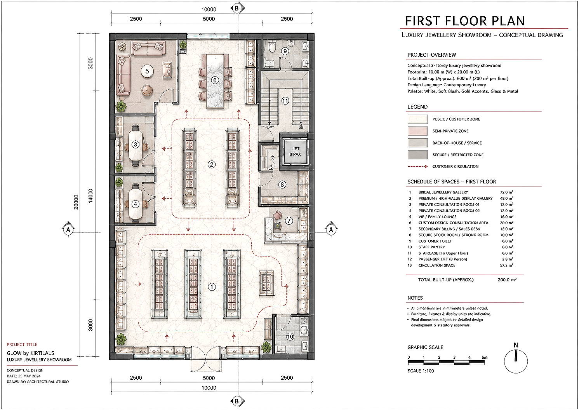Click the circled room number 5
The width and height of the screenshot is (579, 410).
click(x=147, y=71)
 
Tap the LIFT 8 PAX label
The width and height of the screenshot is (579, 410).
click(x=295, y=152)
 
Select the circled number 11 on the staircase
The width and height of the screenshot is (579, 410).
click(x=285, y=101)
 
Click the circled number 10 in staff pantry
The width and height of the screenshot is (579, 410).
click(x=290, y=337)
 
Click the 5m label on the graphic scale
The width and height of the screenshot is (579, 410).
click(x=484, y=357)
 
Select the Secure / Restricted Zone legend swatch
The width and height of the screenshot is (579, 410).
click(x=417, y=155)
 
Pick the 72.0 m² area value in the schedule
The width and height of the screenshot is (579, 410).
click(x=506, y=192)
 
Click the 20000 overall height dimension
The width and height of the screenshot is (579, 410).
click(x=76, y=202)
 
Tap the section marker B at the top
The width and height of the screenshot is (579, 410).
click(x=236, y=8)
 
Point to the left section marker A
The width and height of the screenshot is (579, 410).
click(x=68, y=229)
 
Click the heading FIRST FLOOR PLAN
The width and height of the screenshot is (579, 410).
click(x=465, y=21)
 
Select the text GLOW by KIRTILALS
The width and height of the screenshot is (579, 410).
click(x=31, y=353)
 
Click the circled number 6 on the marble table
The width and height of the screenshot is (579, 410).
click(x=215, y=80)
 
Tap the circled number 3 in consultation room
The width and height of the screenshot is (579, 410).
click(x=136, y=144)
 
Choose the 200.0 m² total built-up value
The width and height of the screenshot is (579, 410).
click(x=507, y=280)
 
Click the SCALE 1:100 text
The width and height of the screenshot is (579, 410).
click(x=421, y=371)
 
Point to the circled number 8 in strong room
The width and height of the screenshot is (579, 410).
click(x=282, y=185)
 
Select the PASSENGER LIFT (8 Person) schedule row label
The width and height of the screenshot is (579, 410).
click(x=443, y=259)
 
